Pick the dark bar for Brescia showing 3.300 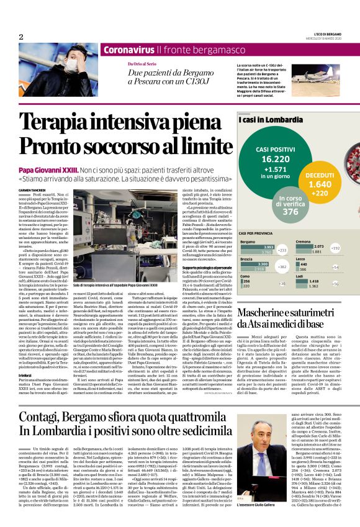click(x=256, y=264)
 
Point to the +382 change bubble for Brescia click(x=282, y=266)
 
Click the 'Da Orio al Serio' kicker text click(x=142, y=64)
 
